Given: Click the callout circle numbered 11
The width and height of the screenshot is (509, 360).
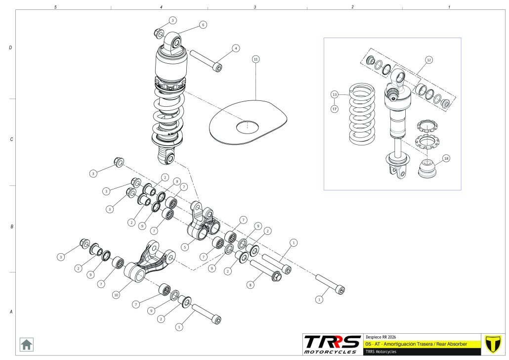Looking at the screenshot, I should coord(255,59).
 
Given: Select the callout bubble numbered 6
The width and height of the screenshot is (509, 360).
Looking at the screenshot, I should coord(203,25).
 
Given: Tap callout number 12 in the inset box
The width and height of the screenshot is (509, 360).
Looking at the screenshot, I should coord(428,60).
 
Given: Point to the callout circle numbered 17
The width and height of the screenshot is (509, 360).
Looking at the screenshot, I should coord(335,108).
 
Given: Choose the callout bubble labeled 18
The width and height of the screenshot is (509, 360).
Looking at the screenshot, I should coord(446,159).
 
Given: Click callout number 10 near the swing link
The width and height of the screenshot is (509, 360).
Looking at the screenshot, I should coord(116,295).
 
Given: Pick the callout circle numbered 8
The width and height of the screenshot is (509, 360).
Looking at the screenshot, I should coord(251,285).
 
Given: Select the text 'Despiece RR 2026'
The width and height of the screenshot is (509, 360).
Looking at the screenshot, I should coord(381,336).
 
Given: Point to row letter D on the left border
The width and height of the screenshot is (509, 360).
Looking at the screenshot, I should coord(10,48).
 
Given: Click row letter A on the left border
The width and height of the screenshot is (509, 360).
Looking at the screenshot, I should coord(10,312).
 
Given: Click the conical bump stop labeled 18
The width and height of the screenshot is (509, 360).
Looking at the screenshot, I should coord(426,169).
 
